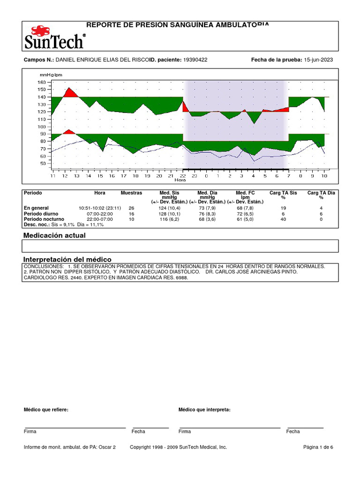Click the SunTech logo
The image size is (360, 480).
(x=55, y=37)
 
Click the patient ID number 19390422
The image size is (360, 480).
(x=195, y=60)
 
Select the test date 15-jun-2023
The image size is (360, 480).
(x=319, y=60)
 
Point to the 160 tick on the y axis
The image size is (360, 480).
(x=42, y=82)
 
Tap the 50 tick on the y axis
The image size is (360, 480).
(x=43, y=164)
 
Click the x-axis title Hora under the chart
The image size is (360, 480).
(x=180, y=180)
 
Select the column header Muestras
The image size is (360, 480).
(x=131, y=193)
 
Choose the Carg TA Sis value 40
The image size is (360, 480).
(x=283, y=219)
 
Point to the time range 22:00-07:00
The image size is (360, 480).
(x=99, y=219)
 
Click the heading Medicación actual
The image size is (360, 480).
(x=54, y=235)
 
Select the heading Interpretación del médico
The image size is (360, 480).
(x=67, y=260)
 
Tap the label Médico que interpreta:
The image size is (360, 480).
(x=204, y=410)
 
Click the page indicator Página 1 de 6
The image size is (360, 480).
(x=318, y=447)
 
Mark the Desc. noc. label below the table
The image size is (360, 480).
(x=36, y=225)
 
